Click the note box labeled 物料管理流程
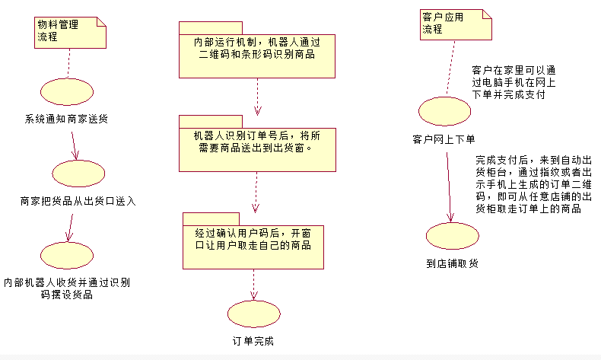pos(70,33)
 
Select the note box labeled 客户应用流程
pos(456,24)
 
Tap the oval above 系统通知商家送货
pos(67,91)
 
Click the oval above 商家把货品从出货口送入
pos(78,174)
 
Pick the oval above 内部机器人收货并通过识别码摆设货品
pos(67,255)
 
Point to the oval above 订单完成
pos(254,314)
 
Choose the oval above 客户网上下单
pos(444,111)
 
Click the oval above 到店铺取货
pos(453,236)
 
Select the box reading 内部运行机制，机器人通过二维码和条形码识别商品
pos(257,49)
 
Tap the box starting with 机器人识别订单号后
pos(257,143)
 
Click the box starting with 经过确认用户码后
pos(253,241)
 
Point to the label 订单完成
pos(253,341)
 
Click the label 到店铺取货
pos(453,263)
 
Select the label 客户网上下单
pos(444,139)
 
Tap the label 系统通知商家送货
pos(66,119)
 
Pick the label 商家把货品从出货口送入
pos(78,201)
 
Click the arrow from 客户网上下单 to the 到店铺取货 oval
pos(449,187)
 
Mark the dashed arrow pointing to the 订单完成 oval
pos(253,285)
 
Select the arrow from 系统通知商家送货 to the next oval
pos(74,145)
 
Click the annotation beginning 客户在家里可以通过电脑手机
pos(514,82)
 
